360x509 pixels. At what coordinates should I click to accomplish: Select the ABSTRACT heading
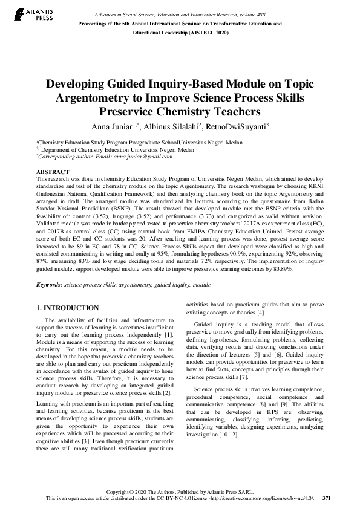coord(53,172)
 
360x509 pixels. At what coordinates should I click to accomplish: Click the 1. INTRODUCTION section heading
coord(68,308)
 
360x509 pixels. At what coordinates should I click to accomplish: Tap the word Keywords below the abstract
coord(50,284)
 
